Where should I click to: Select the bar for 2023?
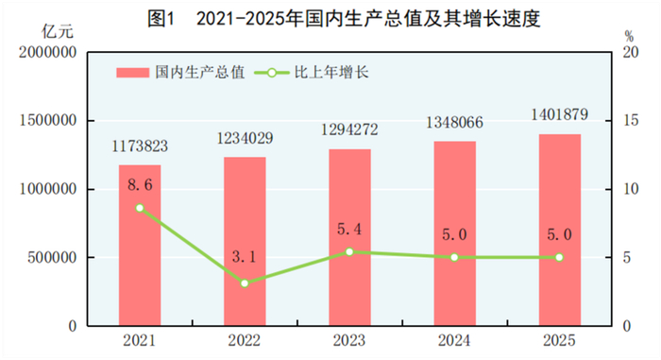tap(349, 237)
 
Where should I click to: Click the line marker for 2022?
tap(245, 283)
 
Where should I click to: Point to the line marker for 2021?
tap(140, 208)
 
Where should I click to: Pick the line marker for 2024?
tap(454, 257)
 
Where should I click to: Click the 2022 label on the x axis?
tap(245, 341)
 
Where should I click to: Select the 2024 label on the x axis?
tap(454, 341)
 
